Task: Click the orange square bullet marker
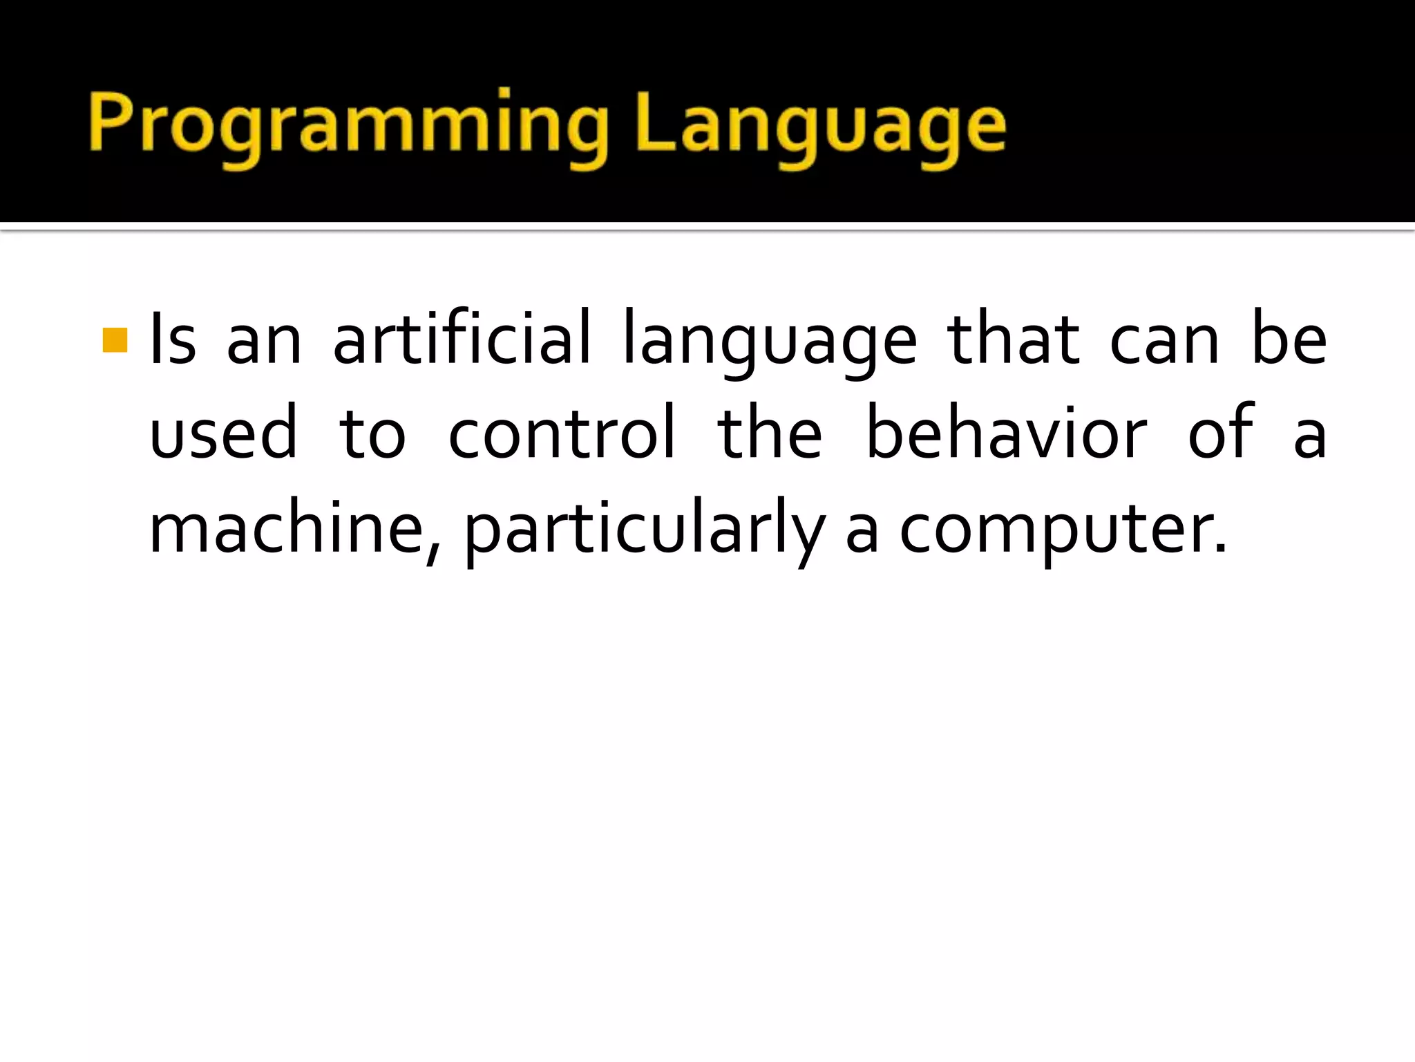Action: [x=115, y=340]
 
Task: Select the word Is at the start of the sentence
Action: [x=173, y=340]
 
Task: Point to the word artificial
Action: [x=462, y=340]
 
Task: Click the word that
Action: [x=1013, y=340]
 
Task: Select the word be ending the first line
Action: [x=1289, y=340]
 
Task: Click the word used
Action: [x=223, y=434]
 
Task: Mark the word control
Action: [x=561, y=434]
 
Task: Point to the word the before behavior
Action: [x=770, y=434]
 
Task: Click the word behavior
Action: [x=1005, y=434]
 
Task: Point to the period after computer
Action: [x=1220, y=550]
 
